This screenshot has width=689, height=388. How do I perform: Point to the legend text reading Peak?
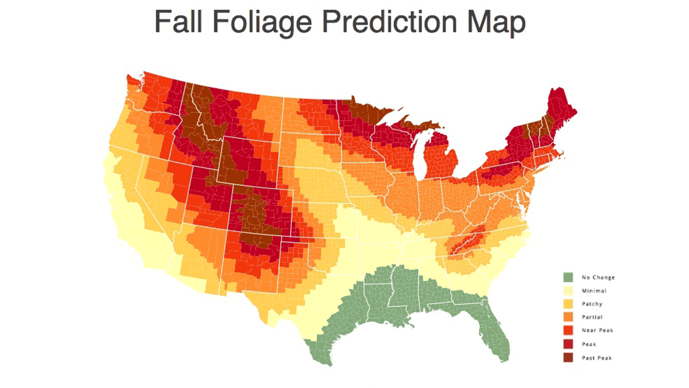589,344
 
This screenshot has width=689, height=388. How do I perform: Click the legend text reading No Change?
598,278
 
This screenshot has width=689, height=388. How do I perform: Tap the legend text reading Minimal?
594,291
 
